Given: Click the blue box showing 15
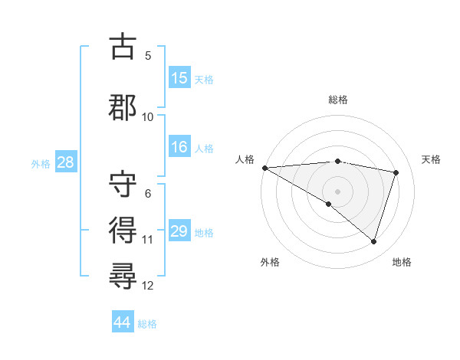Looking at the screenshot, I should (x=179, y=78).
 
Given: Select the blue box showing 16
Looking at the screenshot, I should (x=179, y=148).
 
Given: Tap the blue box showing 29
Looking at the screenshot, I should (x=179, y=231).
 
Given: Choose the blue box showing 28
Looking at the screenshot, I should (x=65, y=163).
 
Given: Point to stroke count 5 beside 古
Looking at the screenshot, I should (x=148, y=55).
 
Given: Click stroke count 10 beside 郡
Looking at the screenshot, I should (x=148, y=117).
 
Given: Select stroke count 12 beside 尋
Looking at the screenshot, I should (x=148, y=286).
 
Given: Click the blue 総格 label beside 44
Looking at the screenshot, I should (x=147, y=324).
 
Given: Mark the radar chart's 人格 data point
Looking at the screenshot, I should (x=264, y=168).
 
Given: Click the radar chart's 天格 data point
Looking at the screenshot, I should (x=396, y=172).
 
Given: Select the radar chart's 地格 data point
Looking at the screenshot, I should (x=373, y=242).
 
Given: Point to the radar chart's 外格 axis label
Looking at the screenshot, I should (x=270, y=262).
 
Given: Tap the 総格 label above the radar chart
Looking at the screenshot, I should (x=337, y=100).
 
